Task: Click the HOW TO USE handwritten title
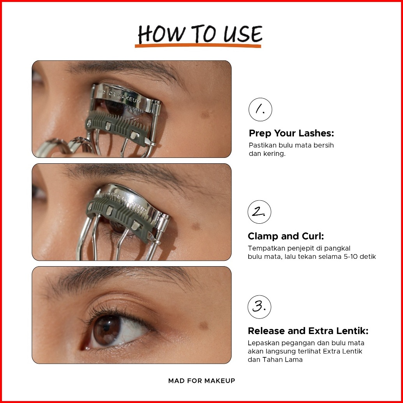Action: click(x=200, y=34)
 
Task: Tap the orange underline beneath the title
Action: click(x=198, y=46)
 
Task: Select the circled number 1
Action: click(x=260, y=110)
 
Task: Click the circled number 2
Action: click(x=259, y=212)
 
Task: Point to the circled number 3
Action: click(x=259, y=307)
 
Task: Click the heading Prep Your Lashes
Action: click(x=292, y=133)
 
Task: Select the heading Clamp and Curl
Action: click(x=286, y=236)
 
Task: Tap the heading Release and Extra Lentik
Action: click(x=308, y=331)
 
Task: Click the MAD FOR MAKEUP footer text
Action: click(x=201, y=381)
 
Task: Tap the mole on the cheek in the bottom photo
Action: click(x=203, y=326)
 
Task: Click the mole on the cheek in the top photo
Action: click(x=205, y=115)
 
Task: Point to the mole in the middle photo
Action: click(x=196, y=226)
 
